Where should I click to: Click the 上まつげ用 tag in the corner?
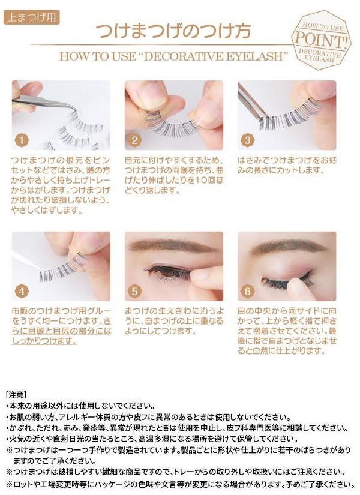[31, 17]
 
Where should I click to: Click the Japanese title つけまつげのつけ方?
[173, 31]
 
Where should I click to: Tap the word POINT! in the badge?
[322, 40]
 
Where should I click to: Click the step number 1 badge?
[22, 140]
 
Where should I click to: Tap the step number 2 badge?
[134, 140]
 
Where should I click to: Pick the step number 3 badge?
[247, 140]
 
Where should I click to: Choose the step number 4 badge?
[22, 291]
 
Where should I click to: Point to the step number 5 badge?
[134, 291]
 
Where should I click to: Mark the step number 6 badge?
[247, 291]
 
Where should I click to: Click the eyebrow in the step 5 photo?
[172, 245]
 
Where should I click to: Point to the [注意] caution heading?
[16, 395]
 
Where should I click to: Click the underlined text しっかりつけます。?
[44, 341]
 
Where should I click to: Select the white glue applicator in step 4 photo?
[27, 261]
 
